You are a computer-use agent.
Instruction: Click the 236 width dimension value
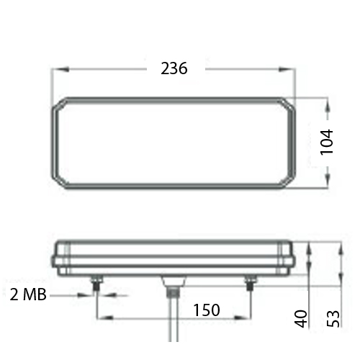pos(174,69)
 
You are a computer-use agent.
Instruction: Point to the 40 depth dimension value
pos(301,317)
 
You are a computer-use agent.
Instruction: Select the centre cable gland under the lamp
pos(172,284)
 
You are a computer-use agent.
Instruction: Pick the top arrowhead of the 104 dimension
pos(328,105)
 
